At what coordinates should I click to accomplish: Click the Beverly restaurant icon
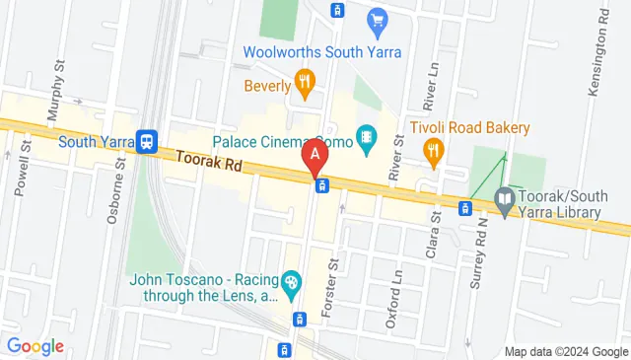click(305, 84)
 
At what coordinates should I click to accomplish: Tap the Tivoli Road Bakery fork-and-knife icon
click(431, 150)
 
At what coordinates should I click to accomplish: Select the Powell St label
click(24, 168)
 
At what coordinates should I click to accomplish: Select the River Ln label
click(431, 87)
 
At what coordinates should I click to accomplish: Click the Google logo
click(35, 346)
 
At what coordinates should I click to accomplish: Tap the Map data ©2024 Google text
click(566, 351)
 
